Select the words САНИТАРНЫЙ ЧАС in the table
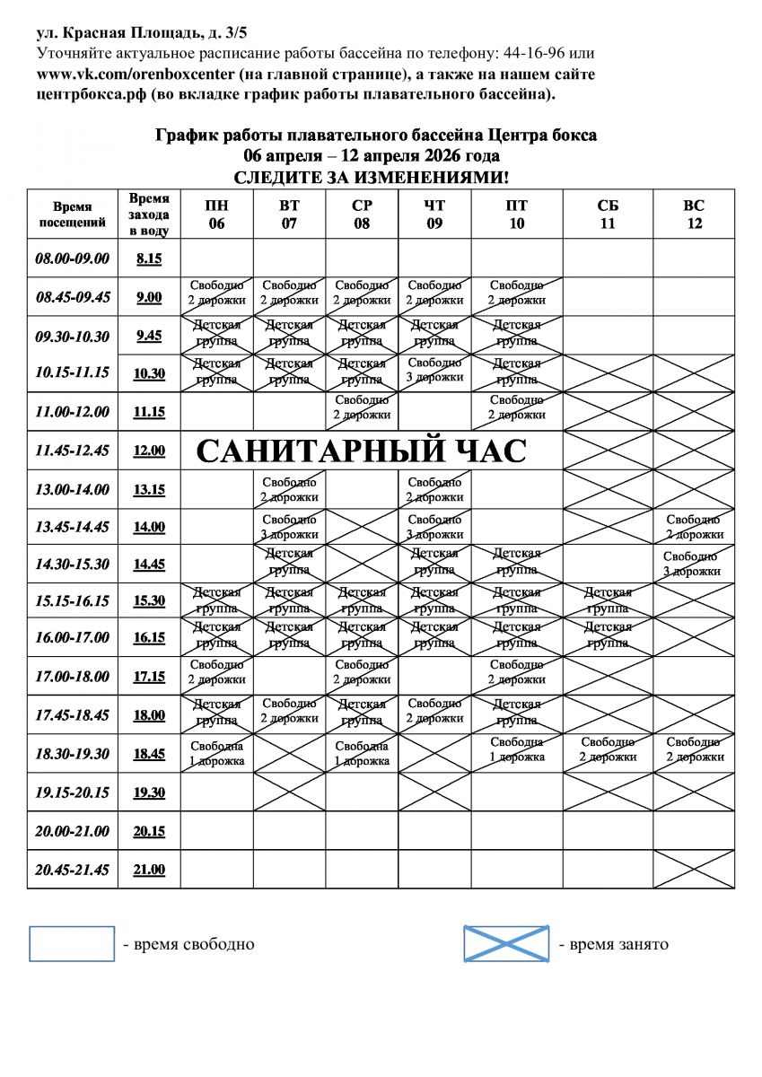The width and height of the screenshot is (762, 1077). (360, 451)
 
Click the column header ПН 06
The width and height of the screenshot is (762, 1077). (216, 215)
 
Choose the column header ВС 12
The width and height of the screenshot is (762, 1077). (694, 215)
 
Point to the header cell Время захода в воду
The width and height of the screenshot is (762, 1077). (149, 215)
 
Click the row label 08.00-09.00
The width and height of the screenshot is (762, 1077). (72, 258)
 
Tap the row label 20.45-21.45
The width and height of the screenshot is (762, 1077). (72, 870)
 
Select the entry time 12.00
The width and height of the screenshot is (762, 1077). (149, 451)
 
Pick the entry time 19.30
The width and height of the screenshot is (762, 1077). (149, 792)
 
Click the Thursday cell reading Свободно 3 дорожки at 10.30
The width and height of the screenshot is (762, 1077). (434, 371)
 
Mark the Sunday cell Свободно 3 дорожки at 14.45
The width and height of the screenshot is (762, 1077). (693, 564)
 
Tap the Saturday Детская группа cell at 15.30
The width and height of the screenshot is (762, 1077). (608, 600)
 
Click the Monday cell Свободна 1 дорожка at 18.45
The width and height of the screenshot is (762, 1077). (216, 754)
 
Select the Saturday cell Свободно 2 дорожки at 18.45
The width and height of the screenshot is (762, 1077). (608, 749)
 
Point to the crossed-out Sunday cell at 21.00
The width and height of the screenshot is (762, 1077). (694, 870)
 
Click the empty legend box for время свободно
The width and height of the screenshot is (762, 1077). (72, 944)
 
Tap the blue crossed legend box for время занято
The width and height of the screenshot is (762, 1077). (506, 944)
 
